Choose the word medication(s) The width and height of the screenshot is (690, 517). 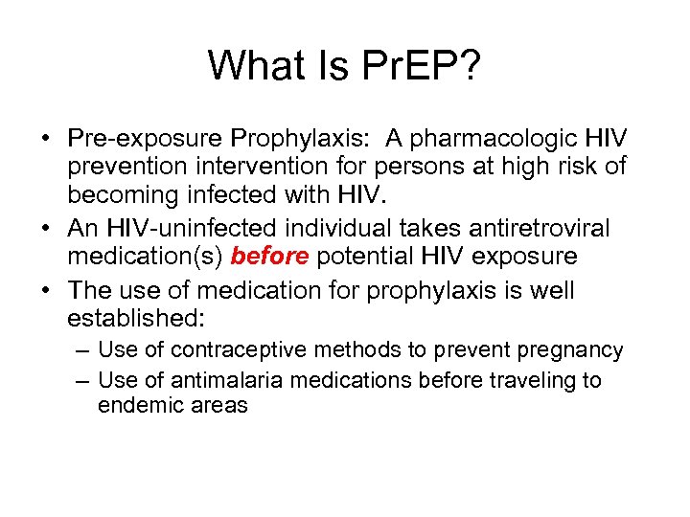pos(146,256)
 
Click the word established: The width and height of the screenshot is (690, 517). pos(130,317)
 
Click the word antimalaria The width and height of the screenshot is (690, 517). pos(224,380)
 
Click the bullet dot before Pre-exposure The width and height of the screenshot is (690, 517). pos(46,140)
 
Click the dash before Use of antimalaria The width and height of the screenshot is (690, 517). pos(82,380)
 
